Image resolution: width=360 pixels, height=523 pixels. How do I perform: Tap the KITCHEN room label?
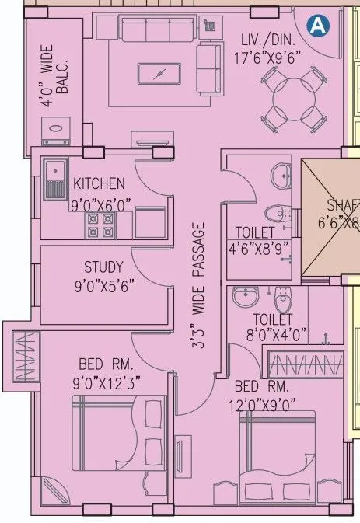click(x=98, y=184)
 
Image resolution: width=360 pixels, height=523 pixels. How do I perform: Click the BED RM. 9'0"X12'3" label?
click(x=107, y=372)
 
